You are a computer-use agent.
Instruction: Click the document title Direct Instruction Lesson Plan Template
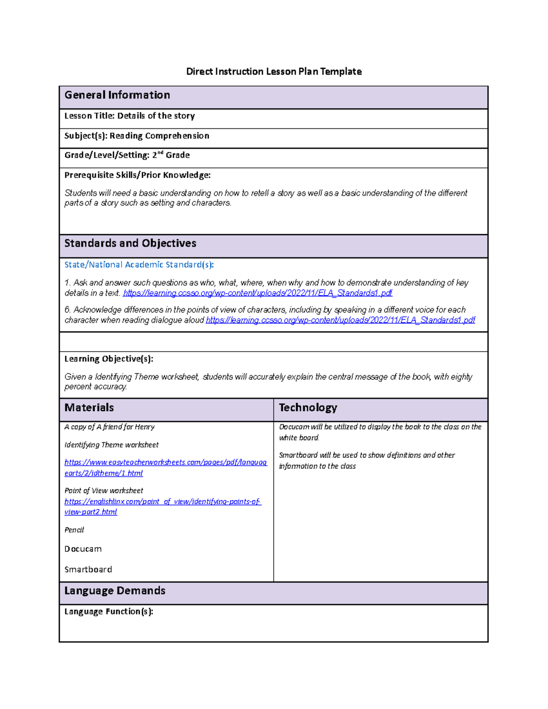click(x=274, y=72)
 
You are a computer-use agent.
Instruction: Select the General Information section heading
click(x=117, y=95)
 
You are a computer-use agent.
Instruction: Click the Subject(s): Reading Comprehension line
click(x=137, y=136)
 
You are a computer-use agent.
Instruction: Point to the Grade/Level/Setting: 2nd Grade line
click(x=127, y=155)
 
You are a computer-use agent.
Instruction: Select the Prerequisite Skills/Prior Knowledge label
click(x=137, y=175)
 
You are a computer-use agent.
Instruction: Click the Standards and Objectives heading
click(x=130, y=244)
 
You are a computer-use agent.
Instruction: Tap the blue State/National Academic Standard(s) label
click(x=139, y=265)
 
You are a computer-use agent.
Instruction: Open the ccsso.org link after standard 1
click(x=258, y=293)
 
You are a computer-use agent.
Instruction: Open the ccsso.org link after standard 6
click(x=340, y=320)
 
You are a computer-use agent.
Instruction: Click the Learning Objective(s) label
click(x=109, y=359)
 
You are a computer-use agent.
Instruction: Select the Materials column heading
click(x=89, y=408)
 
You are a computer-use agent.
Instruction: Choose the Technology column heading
click(x=308, y=408)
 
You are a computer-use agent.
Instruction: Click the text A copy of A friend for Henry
click(x=110, y=427)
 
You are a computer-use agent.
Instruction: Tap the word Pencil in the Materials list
click(x=74, y=530)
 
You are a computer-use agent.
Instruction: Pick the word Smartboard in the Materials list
click(x=88, y=570)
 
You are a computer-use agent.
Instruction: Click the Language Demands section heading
click(x=115, y=591)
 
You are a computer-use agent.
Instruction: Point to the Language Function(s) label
click(x=109, y=612)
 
